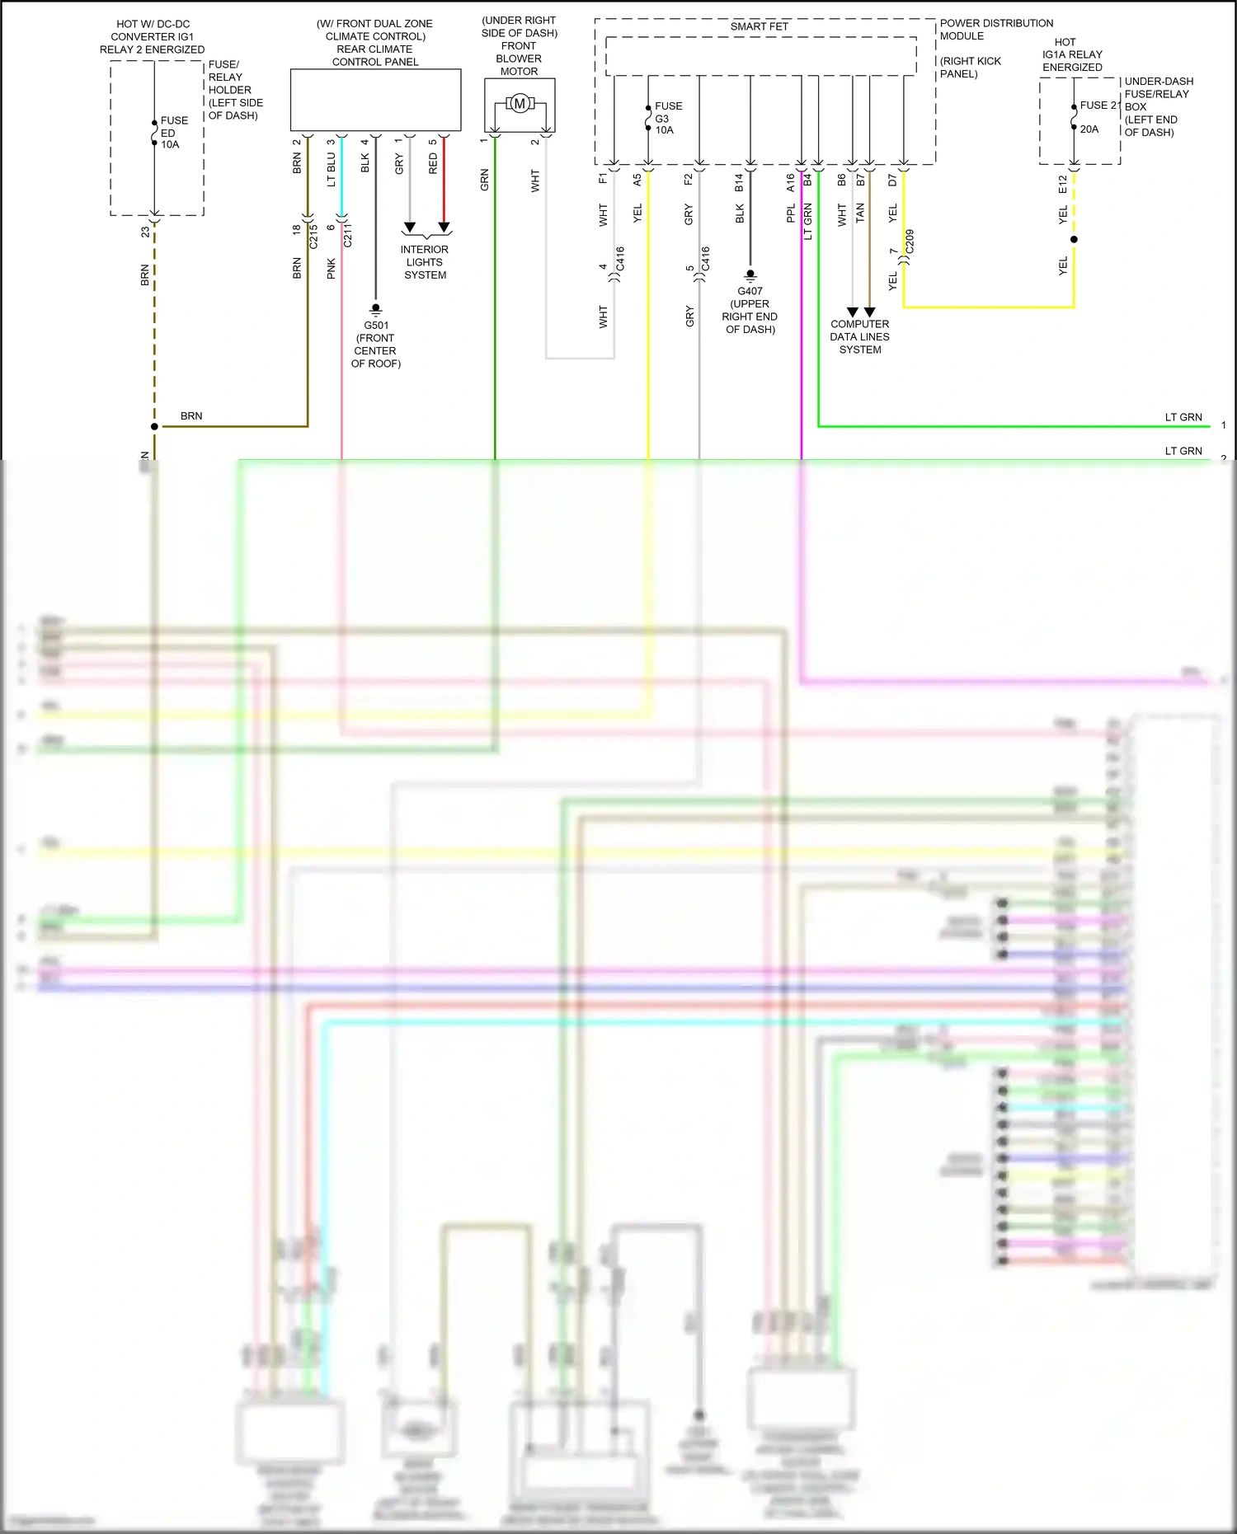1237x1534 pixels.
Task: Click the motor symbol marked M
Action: [x=520, y=104]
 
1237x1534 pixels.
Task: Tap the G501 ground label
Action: [x=376, y=325]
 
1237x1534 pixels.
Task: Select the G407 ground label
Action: [x=750, y=291]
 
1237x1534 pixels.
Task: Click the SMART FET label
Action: [x=759, y=26]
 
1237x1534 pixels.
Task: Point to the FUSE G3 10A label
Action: [x=668, y=118]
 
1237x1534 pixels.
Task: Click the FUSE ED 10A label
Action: [x=173, y=132]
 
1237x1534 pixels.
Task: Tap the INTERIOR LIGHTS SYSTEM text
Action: [x=425, y=262]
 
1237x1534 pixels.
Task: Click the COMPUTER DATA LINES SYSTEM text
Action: [x=859, y=336]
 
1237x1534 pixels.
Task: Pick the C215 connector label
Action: [x=313, y=237]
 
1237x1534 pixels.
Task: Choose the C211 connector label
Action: [x=348, y=235]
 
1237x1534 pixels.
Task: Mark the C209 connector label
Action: [x=910, y=242]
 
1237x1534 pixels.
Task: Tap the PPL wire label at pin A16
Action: [x=791, y=213]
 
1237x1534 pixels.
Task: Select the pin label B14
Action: [x=739, y=182]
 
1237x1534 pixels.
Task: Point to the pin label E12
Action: [x=1063, y=184]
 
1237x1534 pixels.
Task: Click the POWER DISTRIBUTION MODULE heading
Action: [x=996, y=30]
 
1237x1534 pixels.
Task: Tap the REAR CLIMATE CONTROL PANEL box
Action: [x=375, y=100]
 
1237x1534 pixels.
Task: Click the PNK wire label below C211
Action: [x=332, y=268]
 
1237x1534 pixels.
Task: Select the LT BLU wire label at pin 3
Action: [x=332, y=169]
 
